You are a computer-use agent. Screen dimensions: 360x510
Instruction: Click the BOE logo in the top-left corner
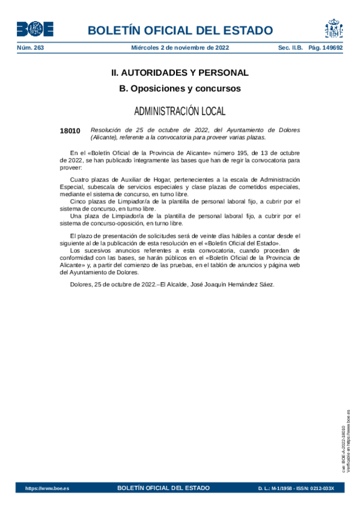[x=35, y=29]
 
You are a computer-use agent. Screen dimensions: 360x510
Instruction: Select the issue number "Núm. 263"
[x=31, y=48]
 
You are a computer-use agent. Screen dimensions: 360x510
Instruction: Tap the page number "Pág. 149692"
[x=325, y=48]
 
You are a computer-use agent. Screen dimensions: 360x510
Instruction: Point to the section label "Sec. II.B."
[x=290, y=48]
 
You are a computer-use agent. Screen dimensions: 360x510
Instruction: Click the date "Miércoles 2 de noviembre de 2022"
[x=179, y=48]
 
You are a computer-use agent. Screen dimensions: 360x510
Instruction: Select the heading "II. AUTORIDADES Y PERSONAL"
[x=180, y=73]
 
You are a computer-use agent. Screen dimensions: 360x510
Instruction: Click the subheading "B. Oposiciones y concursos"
[x=180, y=88]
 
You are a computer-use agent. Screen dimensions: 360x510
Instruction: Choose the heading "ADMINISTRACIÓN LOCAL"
[x=180, y=111]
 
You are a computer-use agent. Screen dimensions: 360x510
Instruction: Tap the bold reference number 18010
[x=70, y=131]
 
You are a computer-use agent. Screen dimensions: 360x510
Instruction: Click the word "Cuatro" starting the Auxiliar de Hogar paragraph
[x=81, y=180]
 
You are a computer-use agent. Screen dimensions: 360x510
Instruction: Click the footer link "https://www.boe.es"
[x=47, y=488]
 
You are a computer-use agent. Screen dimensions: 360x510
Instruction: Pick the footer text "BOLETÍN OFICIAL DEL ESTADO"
[x=163, y=488]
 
